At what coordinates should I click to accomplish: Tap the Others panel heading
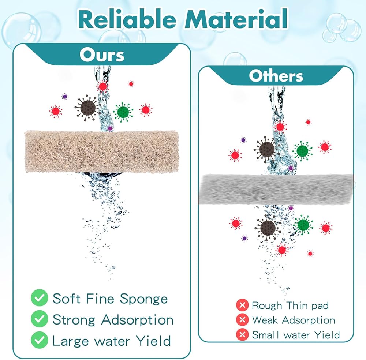pos(276,76)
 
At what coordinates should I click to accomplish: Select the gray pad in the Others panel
pos(276,188)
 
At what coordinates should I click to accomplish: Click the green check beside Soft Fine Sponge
pos(40,298)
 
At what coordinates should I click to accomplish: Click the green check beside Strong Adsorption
pos(40,319)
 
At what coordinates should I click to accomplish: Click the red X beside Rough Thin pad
pos(242,305)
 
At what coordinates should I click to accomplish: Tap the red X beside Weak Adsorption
pos(242,320)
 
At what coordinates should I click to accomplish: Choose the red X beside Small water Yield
pos(242,334)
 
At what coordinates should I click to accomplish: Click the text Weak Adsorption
pos(294,320)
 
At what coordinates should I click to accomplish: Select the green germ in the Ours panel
pos(123,112)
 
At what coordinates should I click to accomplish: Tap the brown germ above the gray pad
pos(266,149)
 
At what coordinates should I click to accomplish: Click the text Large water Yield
pos(112,341)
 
